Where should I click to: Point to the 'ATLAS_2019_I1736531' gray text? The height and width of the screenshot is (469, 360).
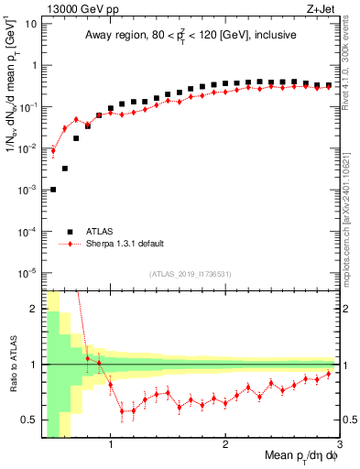[191, 274]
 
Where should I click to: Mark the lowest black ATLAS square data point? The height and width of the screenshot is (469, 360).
[53, 190]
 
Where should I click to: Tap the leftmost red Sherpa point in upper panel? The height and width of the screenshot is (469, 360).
[53, 150]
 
